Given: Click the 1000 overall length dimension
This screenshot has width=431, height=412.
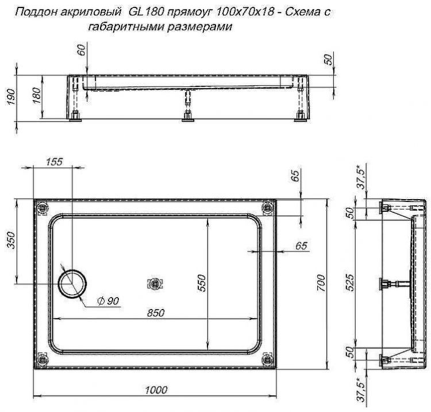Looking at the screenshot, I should [x=152, y=390].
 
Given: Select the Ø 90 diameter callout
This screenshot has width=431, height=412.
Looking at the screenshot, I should [x=108, y=302].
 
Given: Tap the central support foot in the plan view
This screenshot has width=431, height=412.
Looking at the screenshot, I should [x=155, y=283].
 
